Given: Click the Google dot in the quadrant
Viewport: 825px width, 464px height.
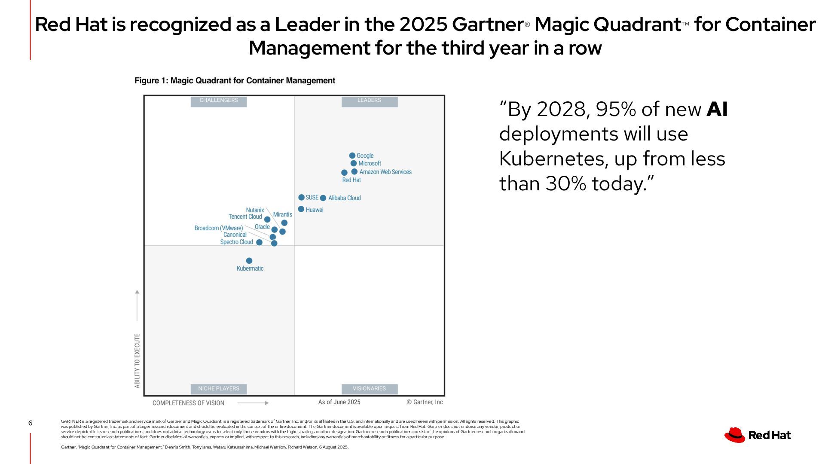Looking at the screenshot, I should [352, 156].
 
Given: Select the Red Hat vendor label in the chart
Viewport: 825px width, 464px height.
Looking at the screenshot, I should [351, 180].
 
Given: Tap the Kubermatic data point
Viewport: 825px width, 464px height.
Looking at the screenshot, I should [249, 261].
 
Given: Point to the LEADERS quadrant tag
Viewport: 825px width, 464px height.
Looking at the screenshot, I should [369, 101].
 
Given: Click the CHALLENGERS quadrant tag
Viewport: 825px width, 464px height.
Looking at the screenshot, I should [218, 101].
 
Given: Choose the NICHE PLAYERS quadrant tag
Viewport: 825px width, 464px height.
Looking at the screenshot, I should [218, 389].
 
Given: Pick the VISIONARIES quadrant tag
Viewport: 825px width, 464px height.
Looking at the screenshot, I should [369, 389].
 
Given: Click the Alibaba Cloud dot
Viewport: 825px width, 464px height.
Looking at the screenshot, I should [323, 198].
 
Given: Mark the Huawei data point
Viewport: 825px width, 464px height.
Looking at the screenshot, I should [301, 209].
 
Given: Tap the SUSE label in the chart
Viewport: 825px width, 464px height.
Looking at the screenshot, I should [312, 198].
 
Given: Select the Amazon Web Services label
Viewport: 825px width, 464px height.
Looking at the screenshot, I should [385, 172].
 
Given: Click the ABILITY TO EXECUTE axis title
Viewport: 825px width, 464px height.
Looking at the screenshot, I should [137, 361].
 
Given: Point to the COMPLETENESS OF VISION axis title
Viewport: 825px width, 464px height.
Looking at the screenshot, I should [188, 403].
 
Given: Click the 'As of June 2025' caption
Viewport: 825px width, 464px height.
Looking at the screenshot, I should [339, 402].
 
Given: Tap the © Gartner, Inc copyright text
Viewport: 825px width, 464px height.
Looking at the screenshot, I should [425, 402].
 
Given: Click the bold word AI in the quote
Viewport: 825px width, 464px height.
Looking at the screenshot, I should [717, 110].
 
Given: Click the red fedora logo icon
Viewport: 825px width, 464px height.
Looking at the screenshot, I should [734, 435].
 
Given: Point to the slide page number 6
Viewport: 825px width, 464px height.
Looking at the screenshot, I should [30, 423].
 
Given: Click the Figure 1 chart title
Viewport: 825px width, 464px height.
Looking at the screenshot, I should [235, 81].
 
